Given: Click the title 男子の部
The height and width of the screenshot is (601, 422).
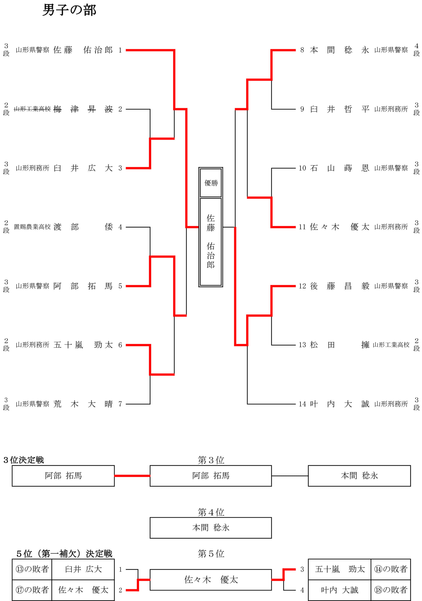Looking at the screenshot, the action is tap(69, 10).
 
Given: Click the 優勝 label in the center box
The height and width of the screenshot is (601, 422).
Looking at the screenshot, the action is tap(211, 183).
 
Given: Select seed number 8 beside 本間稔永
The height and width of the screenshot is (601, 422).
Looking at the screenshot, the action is tap(302, 50).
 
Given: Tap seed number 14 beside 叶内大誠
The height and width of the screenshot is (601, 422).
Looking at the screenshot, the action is tap(302, 404).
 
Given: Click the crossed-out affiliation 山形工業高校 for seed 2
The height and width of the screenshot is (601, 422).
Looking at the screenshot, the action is tap(32, 109).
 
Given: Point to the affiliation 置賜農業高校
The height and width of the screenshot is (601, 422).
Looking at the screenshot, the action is tap(32, 227).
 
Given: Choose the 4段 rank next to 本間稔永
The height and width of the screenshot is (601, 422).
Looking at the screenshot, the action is tap(417, 50).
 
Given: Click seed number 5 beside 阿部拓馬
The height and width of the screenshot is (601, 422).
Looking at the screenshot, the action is tap(120, 286).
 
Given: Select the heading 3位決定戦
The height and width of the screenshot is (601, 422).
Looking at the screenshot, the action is tap(23, 460).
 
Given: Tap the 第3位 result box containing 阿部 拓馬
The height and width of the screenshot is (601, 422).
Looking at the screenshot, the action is tap(211, 476).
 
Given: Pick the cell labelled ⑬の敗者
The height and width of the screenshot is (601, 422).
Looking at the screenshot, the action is tap(32, 569).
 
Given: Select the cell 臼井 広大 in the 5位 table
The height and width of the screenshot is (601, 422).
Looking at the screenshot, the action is tap(83, 569).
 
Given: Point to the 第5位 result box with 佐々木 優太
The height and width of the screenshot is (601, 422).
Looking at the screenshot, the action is tap(211, 580).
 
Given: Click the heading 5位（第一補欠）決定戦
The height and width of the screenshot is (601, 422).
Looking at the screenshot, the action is tap(64, 554).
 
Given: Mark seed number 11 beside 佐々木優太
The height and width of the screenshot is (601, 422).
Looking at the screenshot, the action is tap(302, 227).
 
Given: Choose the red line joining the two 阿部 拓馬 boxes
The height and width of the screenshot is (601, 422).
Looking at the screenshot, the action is tap(132, 476).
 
